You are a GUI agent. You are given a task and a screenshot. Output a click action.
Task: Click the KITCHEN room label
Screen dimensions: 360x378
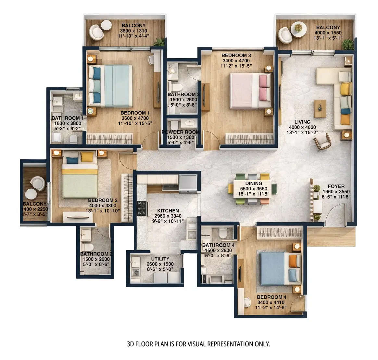pyautogui.click(x=168, y=211)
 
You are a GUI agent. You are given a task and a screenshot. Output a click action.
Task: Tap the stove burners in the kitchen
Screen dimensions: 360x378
pyautogui.click(x=142, y=208)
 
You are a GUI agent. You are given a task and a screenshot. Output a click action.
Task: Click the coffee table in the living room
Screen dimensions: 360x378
pyautogui.click(x=320, y=109)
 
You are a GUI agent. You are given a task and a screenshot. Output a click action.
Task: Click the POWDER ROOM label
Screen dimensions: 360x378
pyautogui.click(x=181, y=132)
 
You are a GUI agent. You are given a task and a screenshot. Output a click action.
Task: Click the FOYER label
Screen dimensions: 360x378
pyautogui.click(x=336, y=186)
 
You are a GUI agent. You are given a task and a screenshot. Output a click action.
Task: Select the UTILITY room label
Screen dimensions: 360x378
pyautogui.click(x=160, y=259)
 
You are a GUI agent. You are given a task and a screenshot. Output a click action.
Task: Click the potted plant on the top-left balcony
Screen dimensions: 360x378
pyautogui.click(x=159, y=42)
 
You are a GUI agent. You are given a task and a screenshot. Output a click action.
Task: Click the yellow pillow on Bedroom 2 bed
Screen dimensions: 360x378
pyautogui.click(x=86, y=157)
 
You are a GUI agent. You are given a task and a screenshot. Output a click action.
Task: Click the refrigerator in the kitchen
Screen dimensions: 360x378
pyautogui.click(x=188, y=184)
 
